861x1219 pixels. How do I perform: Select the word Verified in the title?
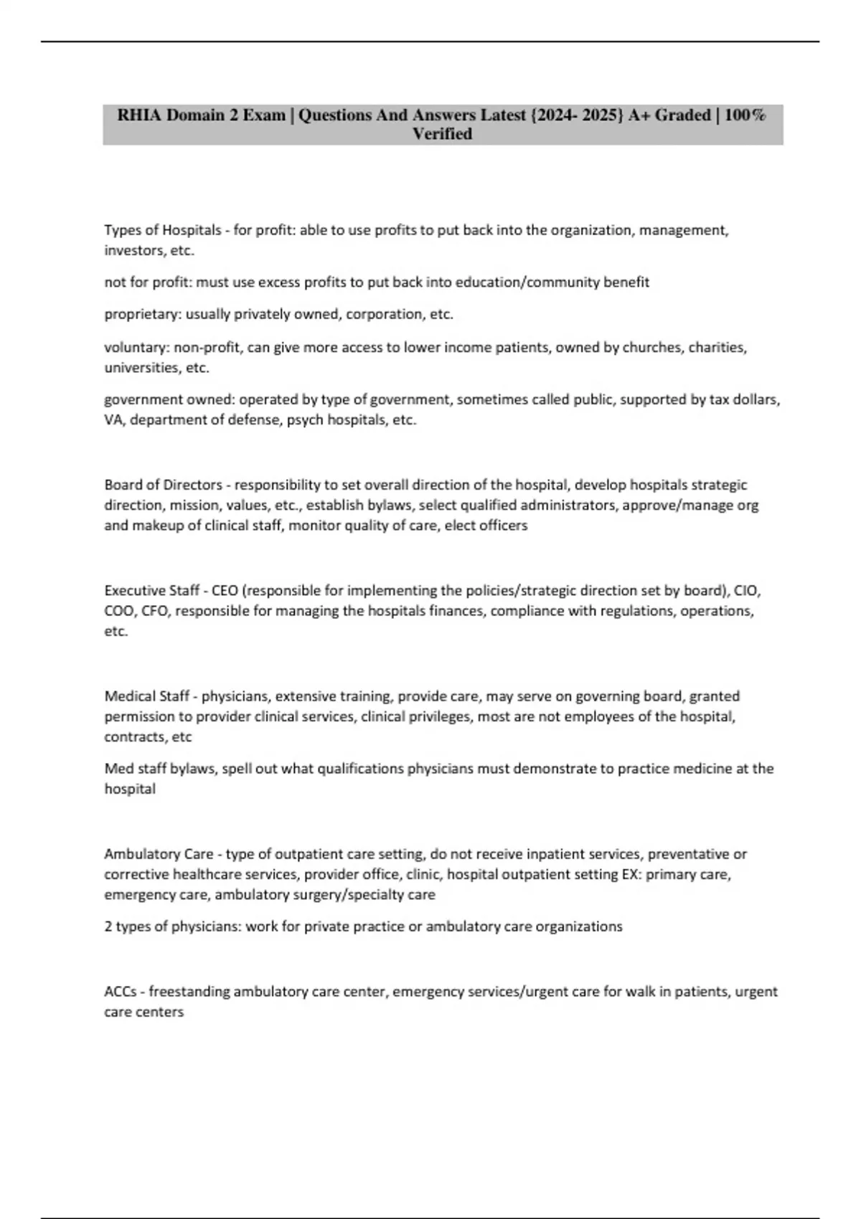click(x=442, y=134)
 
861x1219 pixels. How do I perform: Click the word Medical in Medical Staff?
click(x=128, y=696)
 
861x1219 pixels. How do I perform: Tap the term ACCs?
click(x=121, y=992)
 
